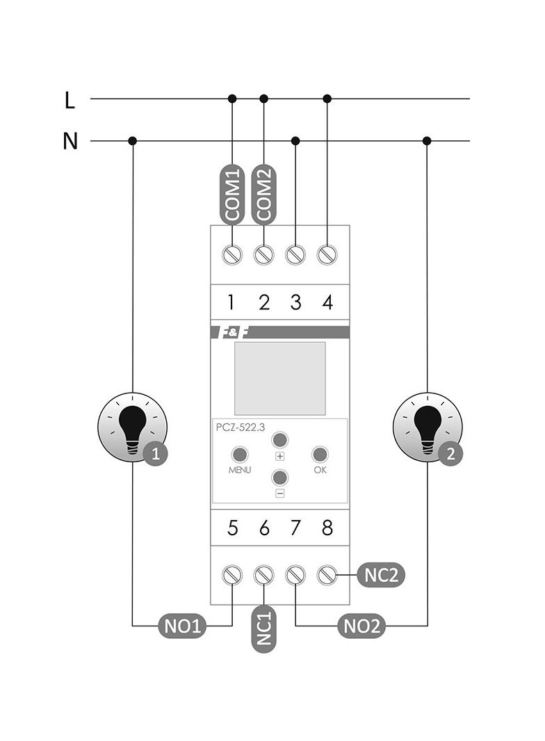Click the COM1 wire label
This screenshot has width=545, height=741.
[231, 194]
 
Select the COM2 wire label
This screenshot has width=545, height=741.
[263, 194]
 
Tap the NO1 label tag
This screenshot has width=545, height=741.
[182, 626]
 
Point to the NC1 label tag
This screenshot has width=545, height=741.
[263, 629]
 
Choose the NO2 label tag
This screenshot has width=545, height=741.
[361, 626]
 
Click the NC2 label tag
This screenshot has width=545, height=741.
[381, 575]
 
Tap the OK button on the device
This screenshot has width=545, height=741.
[320, 455]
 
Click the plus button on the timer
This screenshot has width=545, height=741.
[279, 440]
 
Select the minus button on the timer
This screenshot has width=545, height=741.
[279, 477]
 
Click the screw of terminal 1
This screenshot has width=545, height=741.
[231, 255]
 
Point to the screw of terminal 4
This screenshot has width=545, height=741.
[327, 255]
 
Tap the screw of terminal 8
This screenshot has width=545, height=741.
[327, 575]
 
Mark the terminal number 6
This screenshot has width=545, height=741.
[264, 528]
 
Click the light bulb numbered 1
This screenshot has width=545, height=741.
[133, 427]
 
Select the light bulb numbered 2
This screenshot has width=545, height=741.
[428, 427]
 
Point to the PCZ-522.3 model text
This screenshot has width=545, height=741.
[240, 427]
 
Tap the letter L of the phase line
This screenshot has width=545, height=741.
[70, 101]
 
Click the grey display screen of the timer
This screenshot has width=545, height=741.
[279, 378]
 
